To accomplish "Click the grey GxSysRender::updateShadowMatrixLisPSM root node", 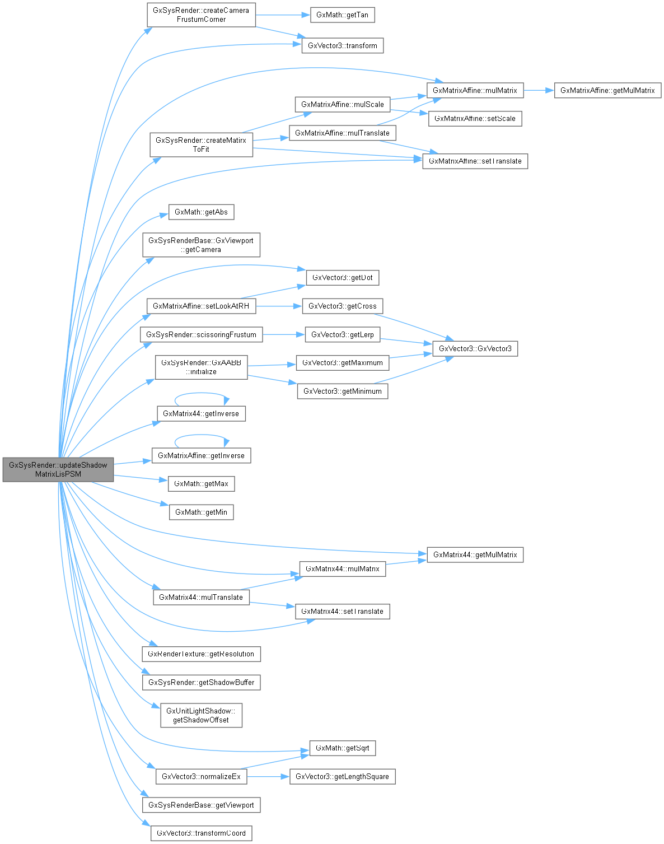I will coord(58,469).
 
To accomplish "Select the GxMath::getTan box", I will coord(342,15).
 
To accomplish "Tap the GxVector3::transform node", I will coord(342,45).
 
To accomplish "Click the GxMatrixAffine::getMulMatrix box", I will coord(607,90).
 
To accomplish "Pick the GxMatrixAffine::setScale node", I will coord(475,119).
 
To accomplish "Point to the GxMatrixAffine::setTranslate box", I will coord(475,161).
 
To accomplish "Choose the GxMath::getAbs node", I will coord(201,212).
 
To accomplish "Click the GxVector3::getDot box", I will coord(342,277).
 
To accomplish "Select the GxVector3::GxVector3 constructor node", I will coord(475,348).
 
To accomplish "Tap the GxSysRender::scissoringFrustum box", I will coord(201,334).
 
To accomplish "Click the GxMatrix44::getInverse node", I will coord(201,414).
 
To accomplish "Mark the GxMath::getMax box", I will coord(201,483).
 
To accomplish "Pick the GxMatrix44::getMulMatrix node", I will coord(475,554).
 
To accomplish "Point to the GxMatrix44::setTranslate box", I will coord(342,611).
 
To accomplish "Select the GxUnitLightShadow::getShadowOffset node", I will coord(201,715).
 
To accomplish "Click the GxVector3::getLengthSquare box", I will coord(342,776).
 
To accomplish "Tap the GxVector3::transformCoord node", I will coord(201,833).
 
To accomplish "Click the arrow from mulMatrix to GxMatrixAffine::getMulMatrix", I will coord(539,90).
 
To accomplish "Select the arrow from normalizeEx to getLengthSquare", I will coord(268,776).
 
